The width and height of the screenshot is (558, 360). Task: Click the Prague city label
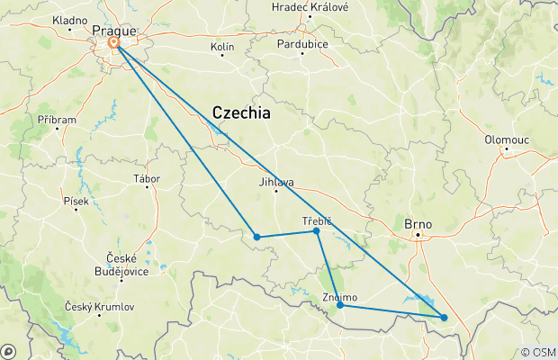pos(112,29)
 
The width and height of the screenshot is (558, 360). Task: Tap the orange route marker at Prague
pos(114,42)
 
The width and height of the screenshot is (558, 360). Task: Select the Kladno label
pos(70,19)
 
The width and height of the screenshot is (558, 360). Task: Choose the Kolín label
pos(221,45)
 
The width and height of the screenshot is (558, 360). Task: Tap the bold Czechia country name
pos(241,112)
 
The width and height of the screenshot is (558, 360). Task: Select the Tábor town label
pos(146,178)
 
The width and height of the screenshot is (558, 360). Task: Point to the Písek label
pos(76,201)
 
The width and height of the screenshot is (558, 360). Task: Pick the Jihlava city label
pos(276,183)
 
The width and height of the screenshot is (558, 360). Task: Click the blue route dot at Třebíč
pos(316,231)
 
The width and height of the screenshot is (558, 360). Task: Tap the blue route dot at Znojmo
pos(340,305)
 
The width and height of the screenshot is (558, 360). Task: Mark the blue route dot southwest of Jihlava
pos(257,238)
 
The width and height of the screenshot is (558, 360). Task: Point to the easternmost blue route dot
pos(444,317)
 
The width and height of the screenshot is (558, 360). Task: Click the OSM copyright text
pos(539,352)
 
